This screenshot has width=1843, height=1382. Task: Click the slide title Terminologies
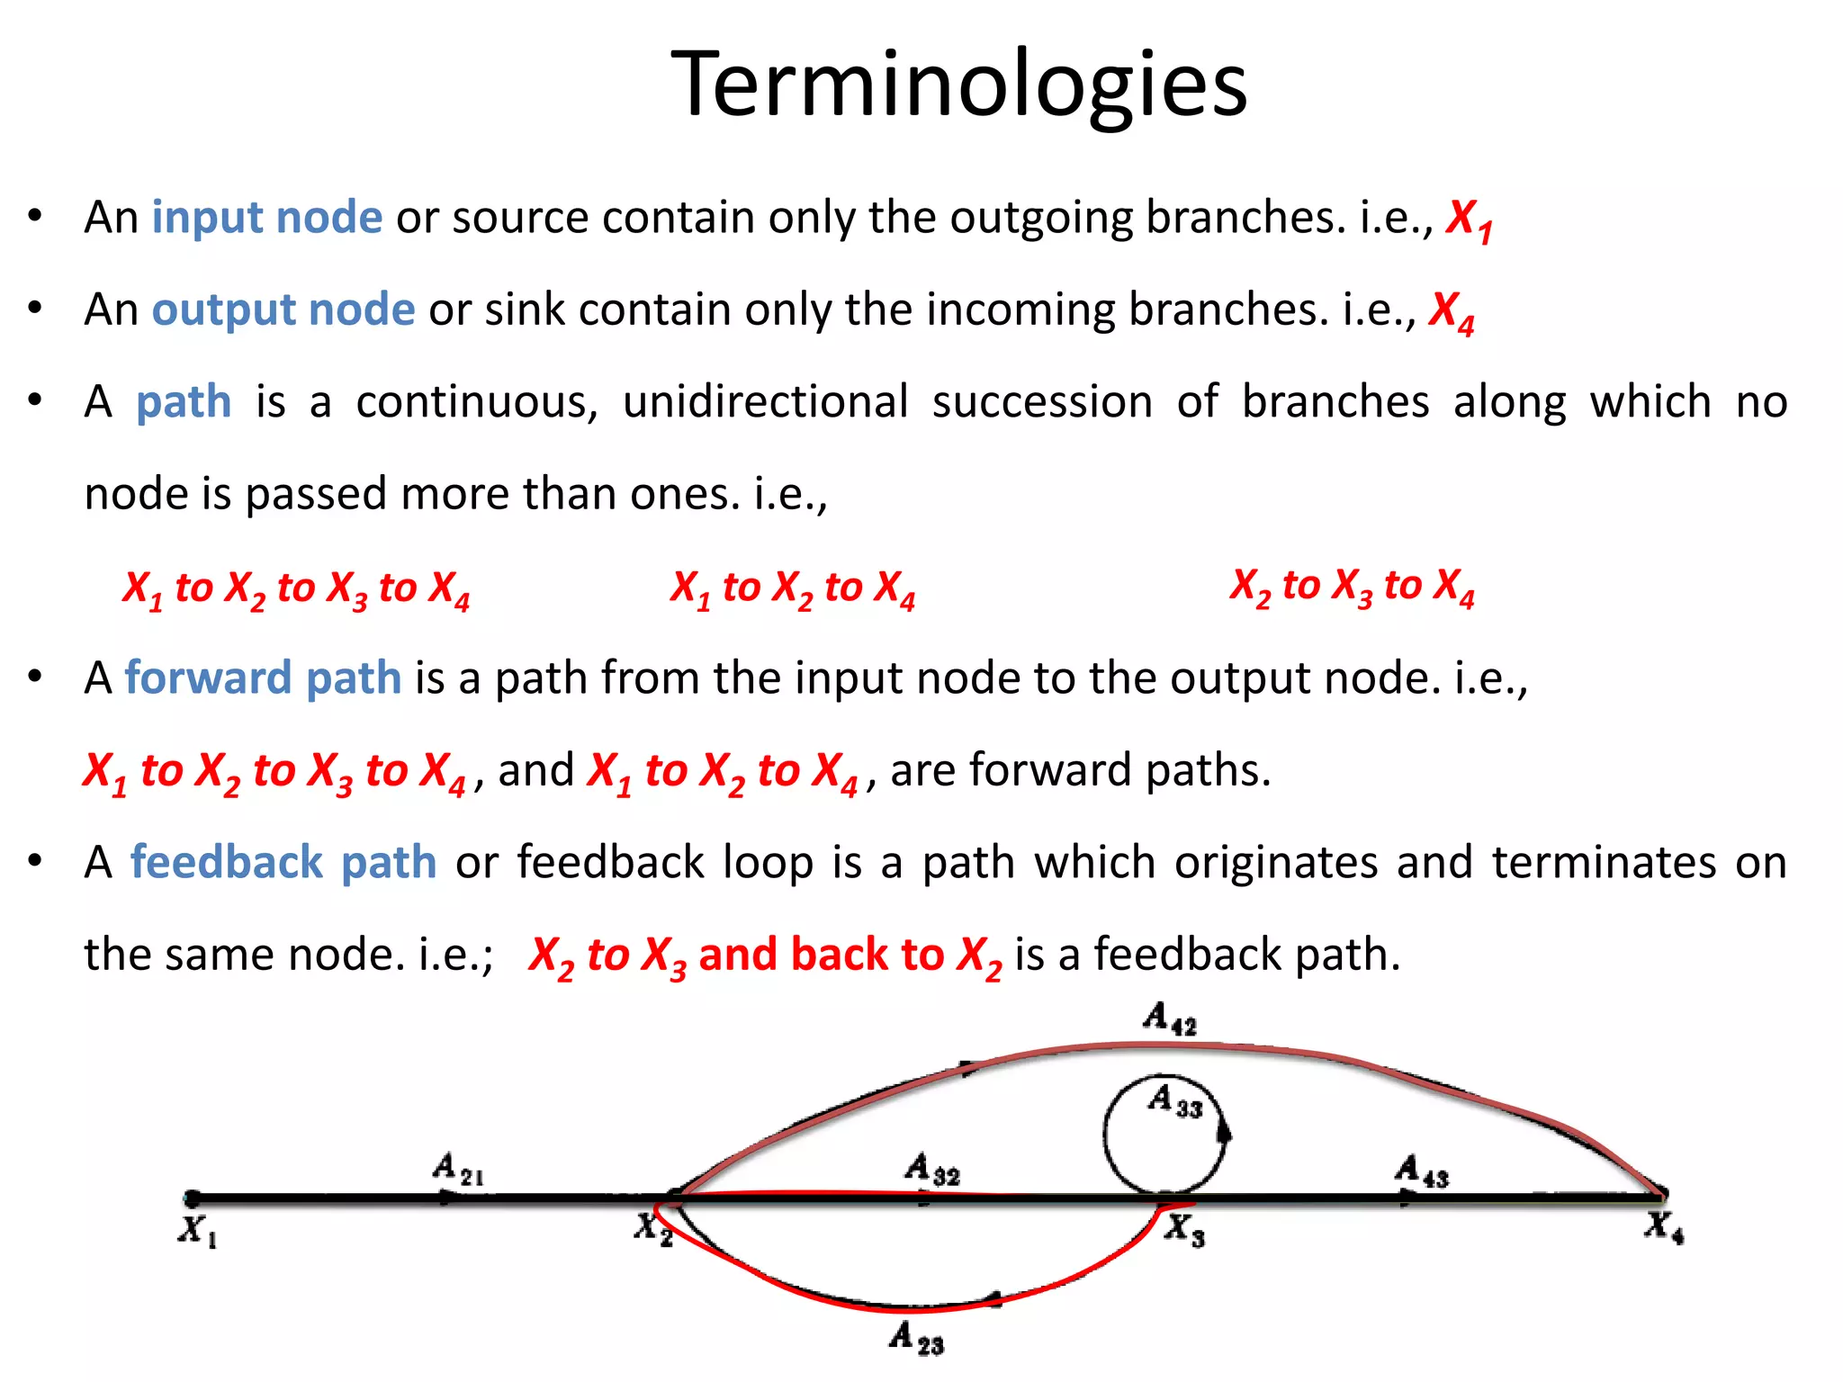[x=959, y=84]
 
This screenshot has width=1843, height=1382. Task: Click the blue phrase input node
[x=266, y=217]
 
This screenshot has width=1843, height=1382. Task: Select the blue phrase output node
[x=283, y=309]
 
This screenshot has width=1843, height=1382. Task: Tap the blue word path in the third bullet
[x=184, y=401]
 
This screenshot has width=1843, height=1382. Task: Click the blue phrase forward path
[x=262, y=677]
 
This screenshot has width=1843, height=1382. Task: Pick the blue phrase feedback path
[x=283, y=862]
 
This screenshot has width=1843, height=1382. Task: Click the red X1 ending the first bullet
[x=1469, y=219]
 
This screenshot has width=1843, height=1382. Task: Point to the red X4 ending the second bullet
[x=1452, y=311]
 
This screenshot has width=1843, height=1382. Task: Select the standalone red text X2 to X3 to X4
[x=1352, y=586]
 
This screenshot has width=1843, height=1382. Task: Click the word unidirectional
[x=765, y=401]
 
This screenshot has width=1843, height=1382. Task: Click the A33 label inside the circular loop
[x=1174, y=1101]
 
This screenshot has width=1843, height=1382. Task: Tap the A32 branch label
[x=931, y=1169]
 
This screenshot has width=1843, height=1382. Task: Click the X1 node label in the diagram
[x=197, y=1230]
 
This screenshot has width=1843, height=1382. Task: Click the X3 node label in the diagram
[x=1184, y=1228]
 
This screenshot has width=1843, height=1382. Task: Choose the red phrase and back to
[x=821, y=955]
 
